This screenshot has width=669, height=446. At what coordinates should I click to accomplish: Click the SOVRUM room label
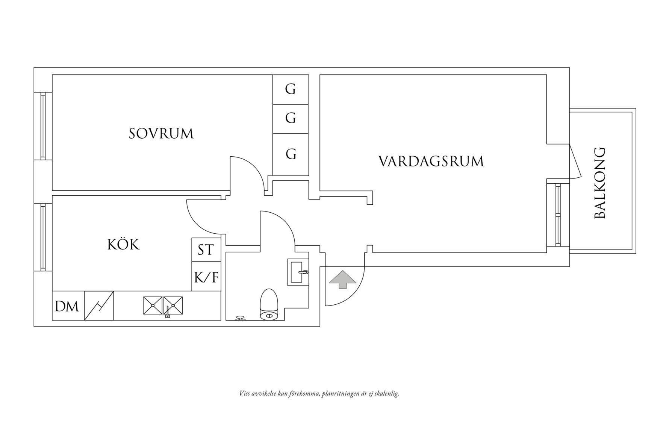point(161,134)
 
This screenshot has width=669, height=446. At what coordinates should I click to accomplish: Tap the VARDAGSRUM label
point(431,162)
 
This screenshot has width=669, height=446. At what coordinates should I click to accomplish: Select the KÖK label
point(123,245)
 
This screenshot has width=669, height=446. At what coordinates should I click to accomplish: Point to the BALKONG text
point(600,183)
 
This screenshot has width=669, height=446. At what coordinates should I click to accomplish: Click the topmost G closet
point(291,89)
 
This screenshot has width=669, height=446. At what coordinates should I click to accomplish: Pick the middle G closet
point(291,118)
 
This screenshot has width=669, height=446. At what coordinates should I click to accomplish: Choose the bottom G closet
point(291,154)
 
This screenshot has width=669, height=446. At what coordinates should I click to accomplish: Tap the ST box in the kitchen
point(206,250)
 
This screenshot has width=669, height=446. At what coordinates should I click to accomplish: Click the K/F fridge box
point(206,278)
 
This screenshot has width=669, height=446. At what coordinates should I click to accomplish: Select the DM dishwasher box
point(67,307)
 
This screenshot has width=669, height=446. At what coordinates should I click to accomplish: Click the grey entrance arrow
point(342,279)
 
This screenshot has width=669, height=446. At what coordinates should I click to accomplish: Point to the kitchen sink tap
point(168,312)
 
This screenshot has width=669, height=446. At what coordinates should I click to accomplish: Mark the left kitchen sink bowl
point(153,306)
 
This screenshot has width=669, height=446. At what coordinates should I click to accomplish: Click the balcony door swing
point(575,162)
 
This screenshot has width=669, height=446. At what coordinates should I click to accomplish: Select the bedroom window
point(43,126)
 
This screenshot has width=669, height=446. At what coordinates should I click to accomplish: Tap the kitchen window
point(43,237)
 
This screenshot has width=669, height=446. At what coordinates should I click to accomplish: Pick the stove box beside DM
point(99,306)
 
